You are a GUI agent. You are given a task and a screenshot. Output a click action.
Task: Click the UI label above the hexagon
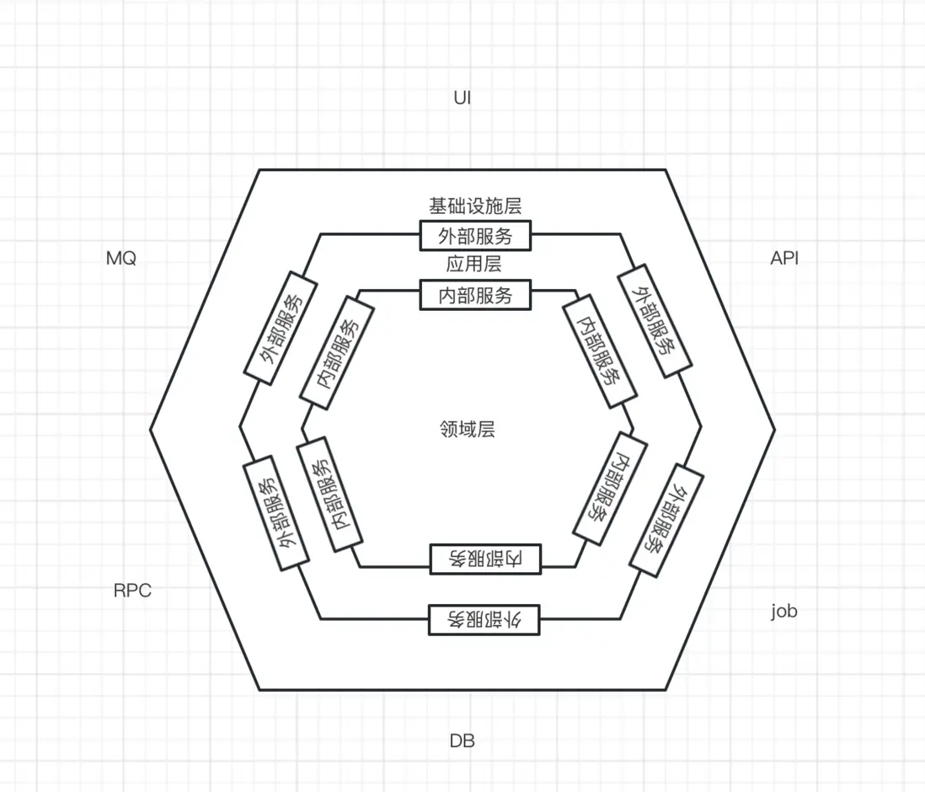pyautogui.click(x=462, y=98)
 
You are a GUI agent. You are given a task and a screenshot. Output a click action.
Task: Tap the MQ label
pyautogui.click(x=121, y=258)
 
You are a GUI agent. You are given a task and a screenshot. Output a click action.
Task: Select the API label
pyautogui.click(x=784, y=258)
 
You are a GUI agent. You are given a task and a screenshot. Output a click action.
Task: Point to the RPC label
pyautogui.click(x=132, y=590)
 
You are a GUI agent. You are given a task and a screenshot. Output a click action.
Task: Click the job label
pyautogui.click(x=784, y=611)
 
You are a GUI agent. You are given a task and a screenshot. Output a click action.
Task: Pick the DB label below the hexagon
pyautogui.click(x=462, y=741)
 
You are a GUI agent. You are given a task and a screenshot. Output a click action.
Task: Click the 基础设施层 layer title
pyautogui.click(x=475, y=206)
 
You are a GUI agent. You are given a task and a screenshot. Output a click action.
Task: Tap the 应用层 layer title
pyautogui.click(x=473, y=264)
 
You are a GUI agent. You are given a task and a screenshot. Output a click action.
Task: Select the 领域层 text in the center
pyautogui.click(x=468, y=429)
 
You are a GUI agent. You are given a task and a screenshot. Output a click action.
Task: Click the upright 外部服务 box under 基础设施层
pyautogui.click(x=475, y=235)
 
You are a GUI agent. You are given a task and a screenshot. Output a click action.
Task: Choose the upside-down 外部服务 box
pyautogui.click(x=484, y=619)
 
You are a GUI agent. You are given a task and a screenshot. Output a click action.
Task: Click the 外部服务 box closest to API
pyautogui.click(x=655, y=320)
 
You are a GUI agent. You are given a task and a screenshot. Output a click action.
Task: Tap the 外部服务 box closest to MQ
pyautogui.click(x=281, y=328)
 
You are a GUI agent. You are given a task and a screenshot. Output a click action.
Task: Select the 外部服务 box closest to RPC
pyautogui.click(x=276, y=513)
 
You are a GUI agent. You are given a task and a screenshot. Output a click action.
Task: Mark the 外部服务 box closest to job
pyautogui.click(x=666, y=520)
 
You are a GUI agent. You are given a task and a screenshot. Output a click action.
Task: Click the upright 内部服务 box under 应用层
pyautogui.click(x=475, y=295)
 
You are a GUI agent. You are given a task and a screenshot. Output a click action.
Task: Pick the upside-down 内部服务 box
pyautogui.click(x=485, y=559)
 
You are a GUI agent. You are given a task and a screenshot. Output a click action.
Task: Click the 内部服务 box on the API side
pyautogui.click(x=600, y=351)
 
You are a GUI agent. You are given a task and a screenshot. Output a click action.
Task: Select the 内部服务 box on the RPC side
pyautogui.click(x=329, y=494)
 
